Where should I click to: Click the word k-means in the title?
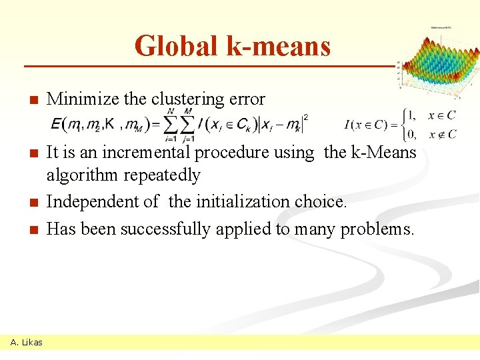tap(279, 45)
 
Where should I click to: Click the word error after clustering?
tap(246, 100)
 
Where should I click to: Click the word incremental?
tap(143, 153)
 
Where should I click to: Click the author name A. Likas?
tap(27, 342)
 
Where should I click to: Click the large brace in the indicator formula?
tap(401, 123)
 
